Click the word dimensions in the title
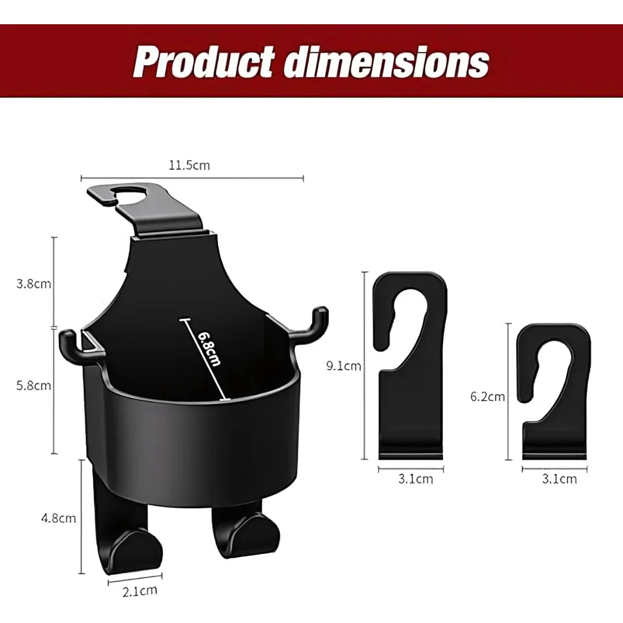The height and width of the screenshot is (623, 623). click(387, 62)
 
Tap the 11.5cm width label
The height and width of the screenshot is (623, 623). click(189, 166)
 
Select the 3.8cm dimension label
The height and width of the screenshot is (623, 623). click(34, 284)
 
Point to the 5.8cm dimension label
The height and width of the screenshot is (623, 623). click(34, 385)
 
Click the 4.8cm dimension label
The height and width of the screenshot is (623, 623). click(58, 518)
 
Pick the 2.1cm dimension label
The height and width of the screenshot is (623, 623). click(140, 590)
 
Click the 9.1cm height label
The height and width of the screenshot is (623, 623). click(343, 366)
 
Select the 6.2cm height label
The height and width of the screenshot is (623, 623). click(487, 396)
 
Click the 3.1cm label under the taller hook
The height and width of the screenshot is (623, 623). click(415, 479)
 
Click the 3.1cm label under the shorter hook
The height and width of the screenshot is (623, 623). click(559, 479)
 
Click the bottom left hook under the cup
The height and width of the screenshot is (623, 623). click(130, 542)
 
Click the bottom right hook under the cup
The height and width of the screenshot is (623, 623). click(248, 531)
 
